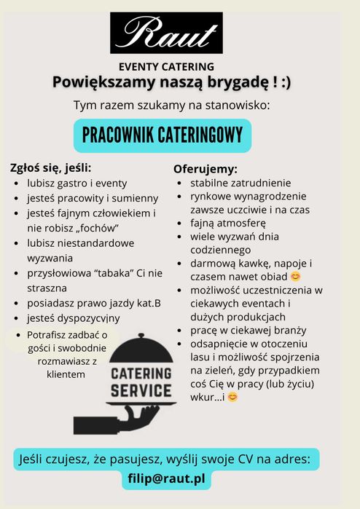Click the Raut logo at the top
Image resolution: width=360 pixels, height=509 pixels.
tap(166, 33)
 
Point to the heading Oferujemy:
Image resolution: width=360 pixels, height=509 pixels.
tap(205, 169)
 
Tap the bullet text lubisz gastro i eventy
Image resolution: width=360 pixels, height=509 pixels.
tap(77, 184)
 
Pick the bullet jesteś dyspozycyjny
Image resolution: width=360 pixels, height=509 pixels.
tap(74, 318)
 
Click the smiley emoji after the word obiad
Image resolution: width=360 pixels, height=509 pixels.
tap(295, 277)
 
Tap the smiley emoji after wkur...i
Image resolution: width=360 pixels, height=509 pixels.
tap(232, 397)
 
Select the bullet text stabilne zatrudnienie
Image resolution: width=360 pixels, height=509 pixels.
tap(240, 183)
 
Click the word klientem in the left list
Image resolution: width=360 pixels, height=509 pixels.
tap(66, 374)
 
